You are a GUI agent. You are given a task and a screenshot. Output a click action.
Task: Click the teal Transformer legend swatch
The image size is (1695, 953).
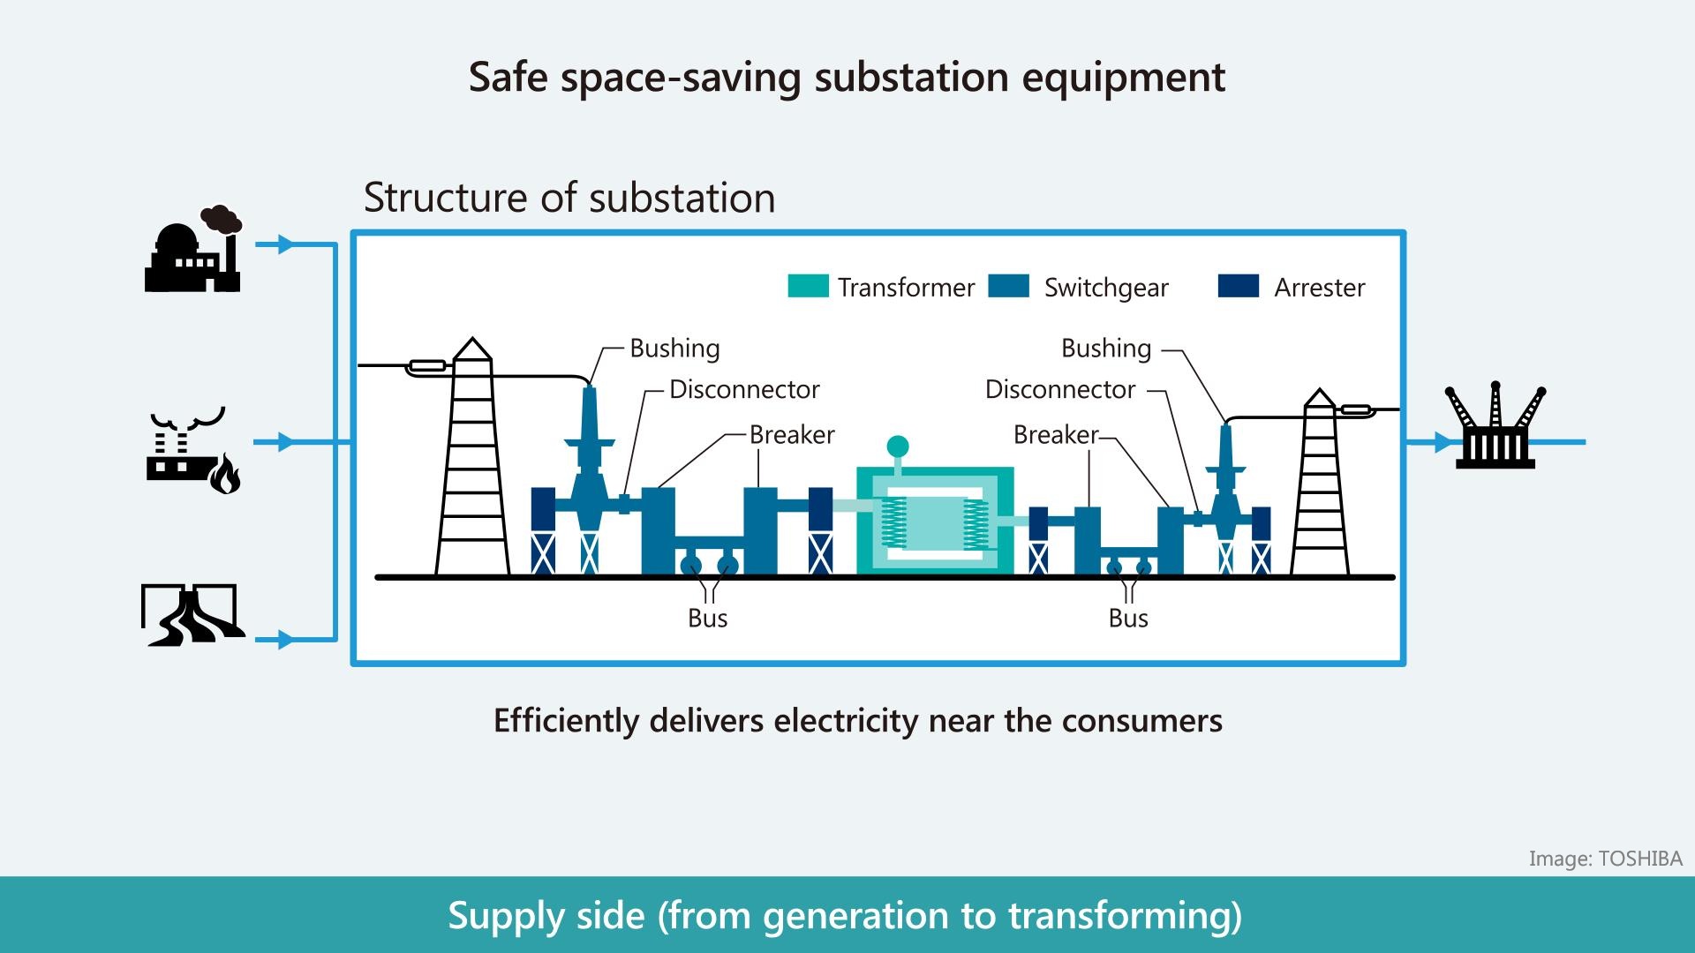(808, 286)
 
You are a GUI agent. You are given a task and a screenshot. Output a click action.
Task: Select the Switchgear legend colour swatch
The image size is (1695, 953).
(1008, 286)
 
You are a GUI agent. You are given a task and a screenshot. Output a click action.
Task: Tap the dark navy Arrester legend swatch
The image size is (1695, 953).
(1238, 286)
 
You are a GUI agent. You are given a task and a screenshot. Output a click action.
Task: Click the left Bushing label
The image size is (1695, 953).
(674, 349)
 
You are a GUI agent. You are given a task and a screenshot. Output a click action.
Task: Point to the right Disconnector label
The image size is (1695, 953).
(1059, 390)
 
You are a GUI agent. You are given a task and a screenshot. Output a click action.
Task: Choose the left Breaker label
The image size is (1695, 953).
(791, 435)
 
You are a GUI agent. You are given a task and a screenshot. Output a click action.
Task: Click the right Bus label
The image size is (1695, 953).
(1127, 619)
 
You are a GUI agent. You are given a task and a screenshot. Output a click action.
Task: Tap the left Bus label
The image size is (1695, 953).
(707, 619)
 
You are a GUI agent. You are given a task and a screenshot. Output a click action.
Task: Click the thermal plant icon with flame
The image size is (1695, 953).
(193, 451)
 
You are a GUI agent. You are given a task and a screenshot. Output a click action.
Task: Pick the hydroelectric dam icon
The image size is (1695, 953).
(192, 615)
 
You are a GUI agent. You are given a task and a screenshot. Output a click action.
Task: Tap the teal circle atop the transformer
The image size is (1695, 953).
(897, 446)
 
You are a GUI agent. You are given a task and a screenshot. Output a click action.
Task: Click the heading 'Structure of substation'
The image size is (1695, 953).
(569, 198)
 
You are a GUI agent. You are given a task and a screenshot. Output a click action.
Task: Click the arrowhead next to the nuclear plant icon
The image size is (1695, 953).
(284, 244)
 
